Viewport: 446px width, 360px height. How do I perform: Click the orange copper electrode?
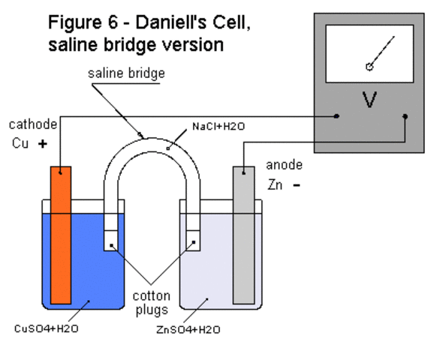pos(62,232)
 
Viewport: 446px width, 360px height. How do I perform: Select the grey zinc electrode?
pos(243,232)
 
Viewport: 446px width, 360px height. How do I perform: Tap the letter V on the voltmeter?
pos(369,100)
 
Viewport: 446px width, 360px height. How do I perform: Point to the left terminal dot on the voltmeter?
pos(336,116)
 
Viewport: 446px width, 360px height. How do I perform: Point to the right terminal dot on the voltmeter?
pos(405,116)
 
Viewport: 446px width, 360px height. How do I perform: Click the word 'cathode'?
pos(28,124)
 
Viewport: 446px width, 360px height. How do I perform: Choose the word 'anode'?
pos(284,165)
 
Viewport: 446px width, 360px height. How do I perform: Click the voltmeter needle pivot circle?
pos(369,67)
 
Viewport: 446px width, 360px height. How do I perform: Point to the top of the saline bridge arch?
pos(152,133)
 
